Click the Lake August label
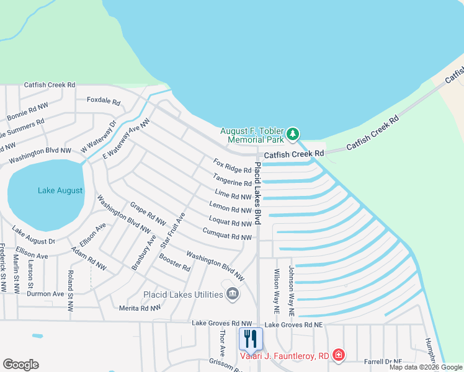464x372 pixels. pos(60,190)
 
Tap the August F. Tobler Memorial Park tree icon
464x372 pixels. pos(293,134)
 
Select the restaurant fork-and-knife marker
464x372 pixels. pos(251,339)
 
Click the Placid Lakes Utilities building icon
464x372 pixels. pos(233,294)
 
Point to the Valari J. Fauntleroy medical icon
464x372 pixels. pos(339,355)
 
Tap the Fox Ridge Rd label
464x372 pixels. pos(232,166)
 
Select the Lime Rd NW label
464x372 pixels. pos(233,195)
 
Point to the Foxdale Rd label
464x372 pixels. pos(103,100)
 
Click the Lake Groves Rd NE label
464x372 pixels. pos(294,324)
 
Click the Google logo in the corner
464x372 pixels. pos(20,365)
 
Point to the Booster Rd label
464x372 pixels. pos(174,263)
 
